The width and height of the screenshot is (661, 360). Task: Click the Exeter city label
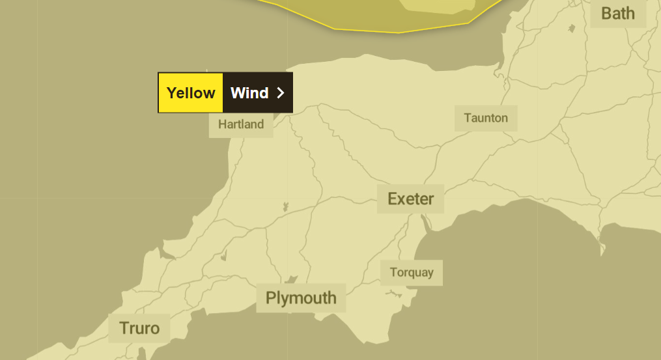pos(410,199)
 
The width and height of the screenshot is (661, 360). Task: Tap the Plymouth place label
pos(301,298)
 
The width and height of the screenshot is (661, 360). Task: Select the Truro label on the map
pos(139,328)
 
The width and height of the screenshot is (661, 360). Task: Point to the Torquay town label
pos(412,273)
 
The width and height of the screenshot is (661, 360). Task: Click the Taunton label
pos(486,118)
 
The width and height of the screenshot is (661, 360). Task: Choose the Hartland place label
pos(241,124)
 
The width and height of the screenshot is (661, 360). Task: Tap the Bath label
pos(617,13)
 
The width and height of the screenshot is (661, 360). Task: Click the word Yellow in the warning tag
pos(191,92)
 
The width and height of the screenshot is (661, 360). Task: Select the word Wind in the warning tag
pos(249,92)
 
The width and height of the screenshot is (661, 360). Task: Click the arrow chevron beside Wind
pos(281,92)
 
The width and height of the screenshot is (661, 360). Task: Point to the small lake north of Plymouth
pos(292,279)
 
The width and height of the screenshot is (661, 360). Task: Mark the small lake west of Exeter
pos(285,207)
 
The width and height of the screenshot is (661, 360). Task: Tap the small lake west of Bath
pos(572,28)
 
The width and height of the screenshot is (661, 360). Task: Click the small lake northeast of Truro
pos(225,255)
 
